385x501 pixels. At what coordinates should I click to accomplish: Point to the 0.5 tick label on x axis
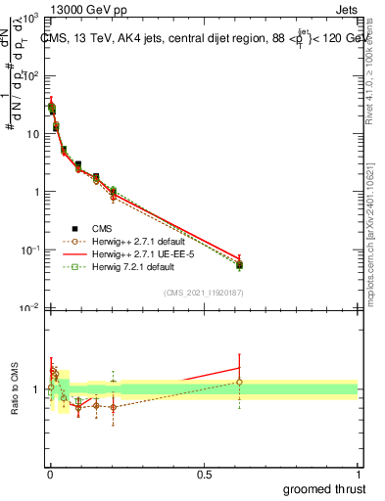tap(203, 473)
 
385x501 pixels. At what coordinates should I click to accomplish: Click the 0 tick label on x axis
tap(50, 473)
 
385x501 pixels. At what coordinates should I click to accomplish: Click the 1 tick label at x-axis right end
tap(357, 473)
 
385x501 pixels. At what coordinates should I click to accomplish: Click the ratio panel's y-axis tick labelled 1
tap(37, 389)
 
